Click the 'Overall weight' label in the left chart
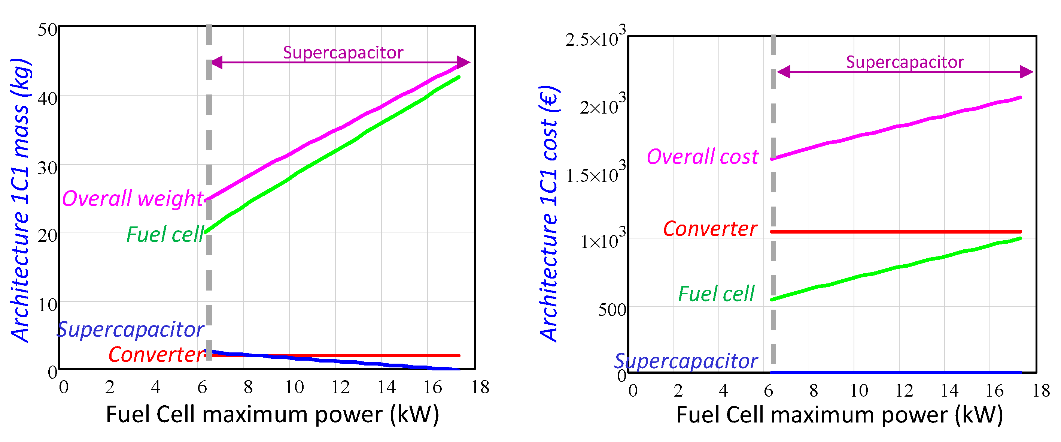pos(133,198)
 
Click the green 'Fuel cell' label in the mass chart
pos(165,234)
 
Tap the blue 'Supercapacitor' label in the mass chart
pos(130,330)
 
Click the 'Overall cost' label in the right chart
pos(702,157)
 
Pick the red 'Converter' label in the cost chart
pos(710,229)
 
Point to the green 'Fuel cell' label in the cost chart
pos(716,294)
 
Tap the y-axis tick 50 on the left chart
pos(48,30)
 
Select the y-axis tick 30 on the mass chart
pos(48,168)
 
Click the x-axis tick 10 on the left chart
pos(294,387)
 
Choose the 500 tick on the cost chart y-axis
pos(612,310)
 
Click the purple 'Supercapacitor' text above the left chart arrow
pos(343,52)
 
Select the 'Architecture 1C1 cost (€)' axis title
pos(549,213)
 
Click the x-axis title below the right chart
pos(839,414)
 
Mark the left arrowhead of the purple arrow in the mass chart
pos(217,63)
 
